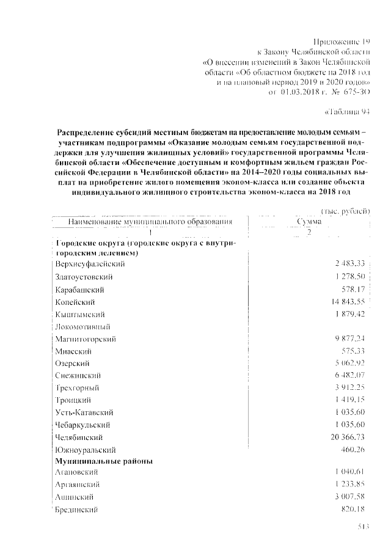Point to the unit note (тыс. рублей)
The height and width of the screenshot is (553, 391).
(x=346, y=211)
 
